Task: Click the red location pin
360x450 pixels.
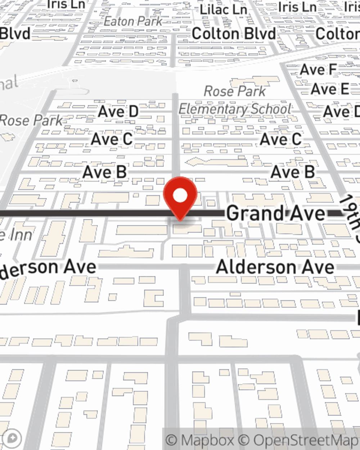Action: [x=180, y=196]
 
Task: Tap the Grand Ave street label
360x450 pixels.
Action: [x=275, y=213]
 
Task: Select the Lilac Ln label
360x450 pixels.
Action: [x=223, y=10]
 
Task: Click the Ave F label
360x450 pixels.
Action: [x=318, y=70]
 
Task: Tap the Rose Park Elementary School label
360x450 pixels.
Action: [x=235, y=100]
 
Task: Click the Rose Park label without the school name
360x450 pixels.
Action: [x=32, y=120]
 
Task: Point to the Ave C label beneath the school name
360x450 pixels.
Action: [x=280, y=139]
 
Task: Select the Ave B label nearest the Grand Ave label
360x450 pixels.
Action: [x=292, y=172]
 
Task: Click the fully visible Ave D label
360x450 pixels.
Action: [x=118, y=112]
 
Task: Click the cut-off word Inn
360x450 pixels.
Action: [x=20, y=235]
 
